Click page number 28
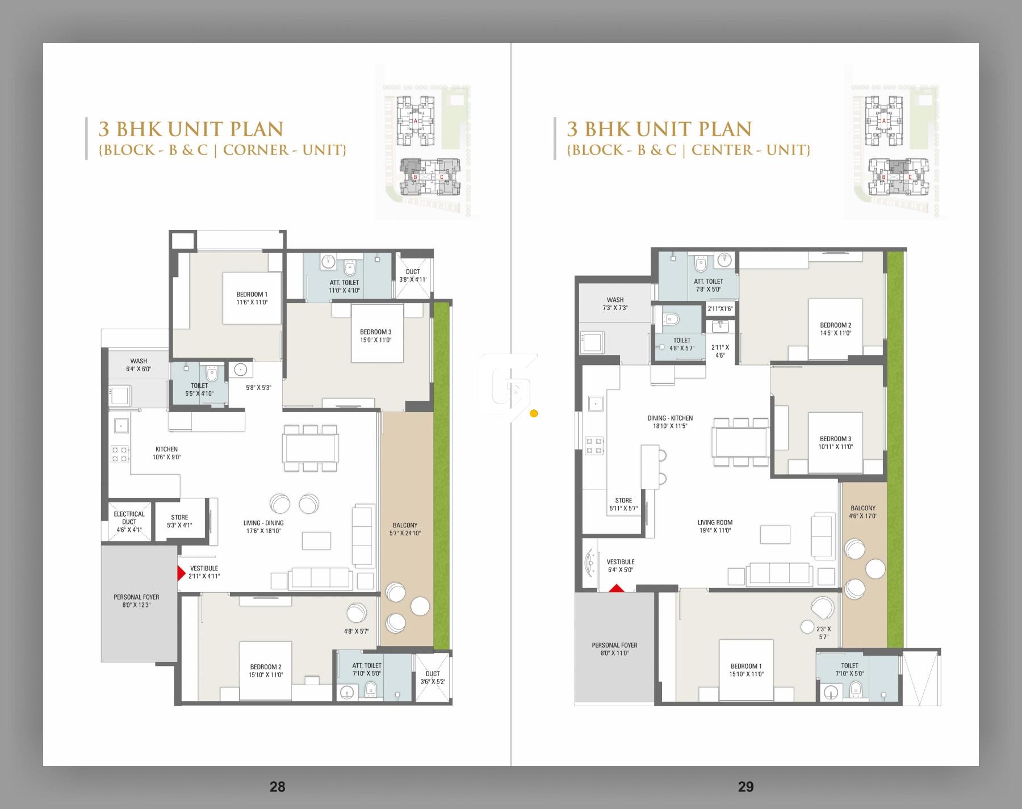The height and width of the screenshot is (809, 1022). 277,786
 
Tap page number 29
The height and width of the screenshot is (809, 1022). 745,786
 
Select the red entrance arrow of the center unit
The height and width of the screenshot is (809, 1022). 617,589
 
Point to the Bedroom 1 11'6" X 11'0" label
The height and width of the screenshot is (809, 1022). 252,298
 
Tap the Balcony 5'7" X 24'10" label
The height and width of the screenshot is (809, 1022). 405,529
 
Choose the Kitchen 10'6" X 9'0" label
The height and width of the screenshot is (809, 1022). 166,453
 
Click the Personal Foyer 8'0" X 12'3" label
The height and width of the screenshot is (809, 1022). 136,601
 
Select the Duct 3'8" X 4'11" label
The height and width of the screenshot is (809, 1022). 413,275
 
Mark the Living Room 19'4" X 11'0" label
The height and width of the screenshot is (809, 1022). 715,526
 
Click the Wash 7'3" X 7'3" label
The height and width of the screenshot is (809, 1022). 615,303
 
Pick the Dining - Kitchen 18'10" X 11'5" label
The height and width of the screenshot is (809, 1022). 670,422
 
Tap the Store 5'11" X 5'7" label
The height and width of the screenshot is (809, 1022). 623,504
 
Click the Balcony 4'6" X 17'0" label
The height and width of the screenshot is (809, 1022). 862,512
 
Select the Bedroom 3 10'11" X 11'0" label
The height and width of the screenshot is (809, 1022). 835,442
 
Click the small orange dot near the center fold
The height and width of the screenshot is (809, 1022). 533,413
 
